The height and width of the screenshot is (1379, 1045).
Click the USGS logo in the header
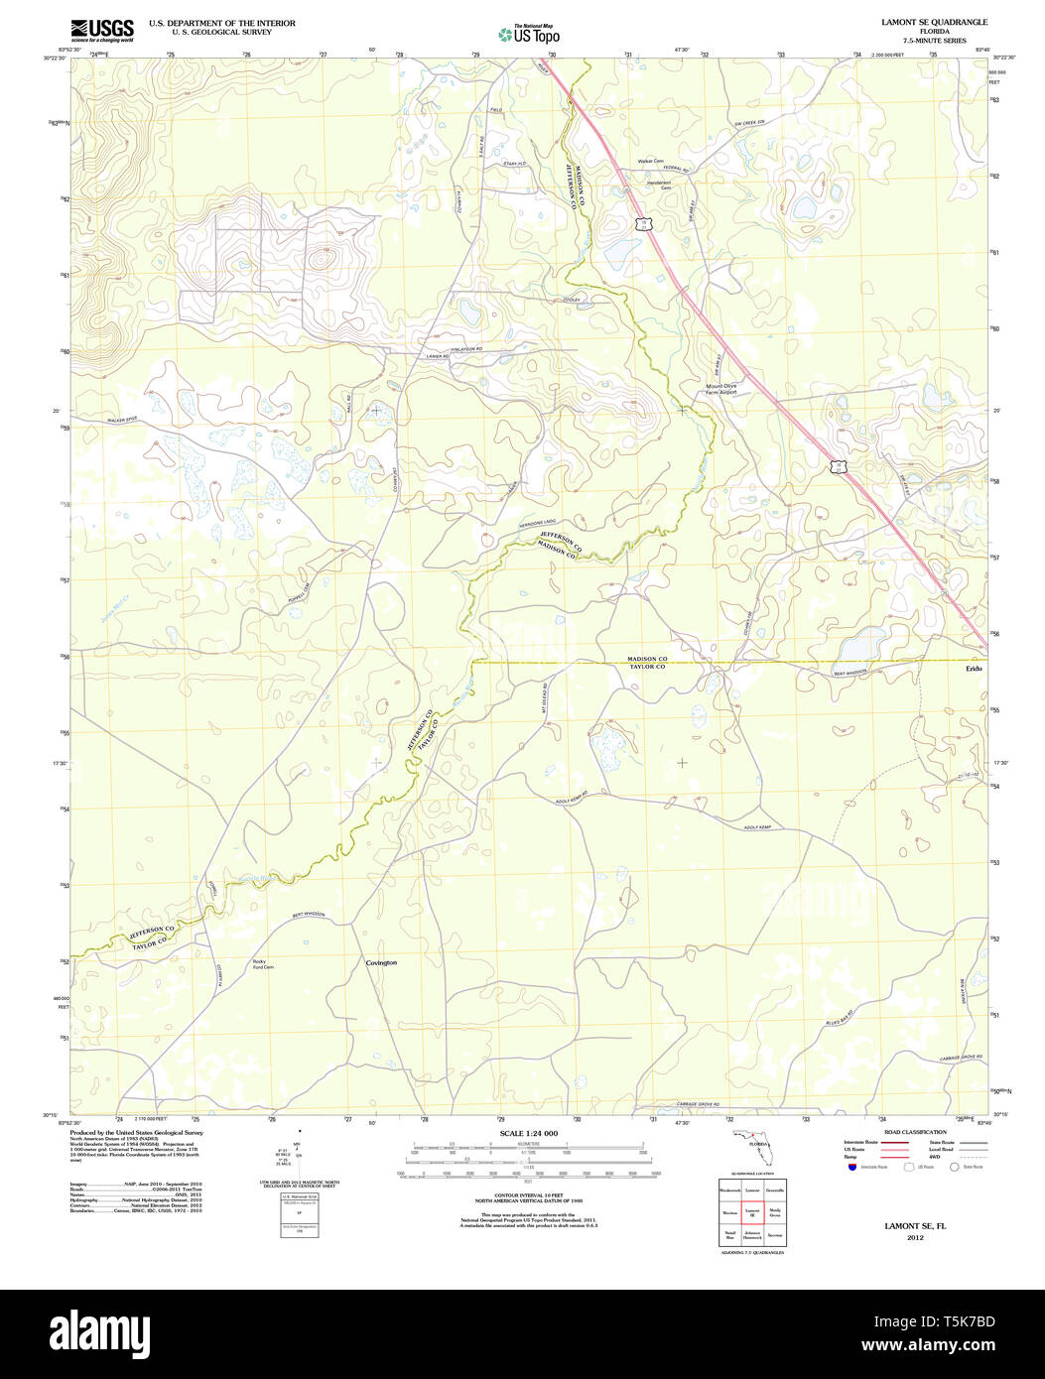[101, 30]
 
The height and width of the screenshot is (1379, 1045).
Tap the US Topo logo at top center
[529, 34]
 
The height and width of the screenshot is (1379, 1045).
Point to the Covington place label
[381, 963]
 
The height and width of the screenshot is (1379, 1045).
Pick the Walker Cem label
[649, 161]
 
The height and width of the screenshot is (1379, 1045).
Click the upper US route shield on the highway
[644, 223]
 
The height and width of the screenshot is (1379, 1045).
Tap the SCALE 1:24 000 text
[528, 1133]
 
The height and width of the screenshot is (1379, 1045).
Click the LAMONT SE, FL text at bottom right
[915, 1226]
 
